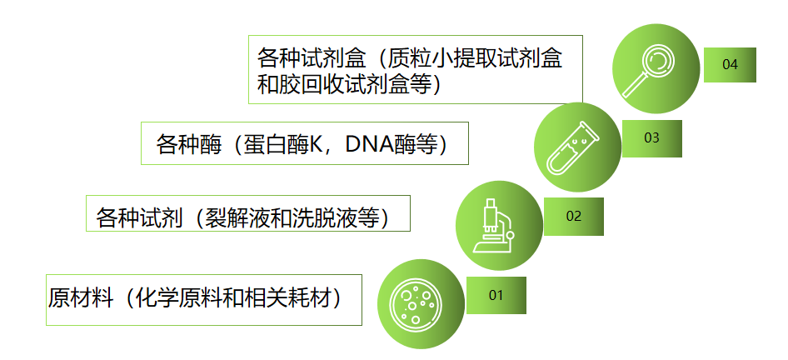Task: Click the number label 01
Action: (x=496, y=295)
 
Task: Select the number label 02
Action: (x=573, y=216)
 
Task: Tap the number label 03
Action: (x=651, y=137)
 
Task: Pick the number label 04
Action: (x=731, y=65)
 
